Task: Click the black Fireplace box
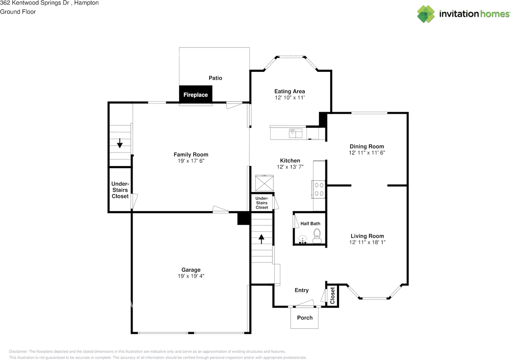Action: pos(196,95)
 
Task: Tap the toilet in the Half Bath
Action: pos(317,235)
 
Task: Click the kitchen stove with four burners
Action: pos(319,189)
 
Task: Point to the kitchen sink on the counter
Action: pos(295,133)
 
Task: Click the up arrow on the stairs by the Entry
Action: pos(261,239)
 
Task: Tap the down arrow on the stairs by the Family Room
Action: pos(119,143)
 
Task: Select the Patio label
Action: pos(215,78)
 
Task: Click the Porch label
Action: pos(305,318)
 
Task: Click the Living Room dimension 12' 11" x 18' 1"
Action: pos(367,242)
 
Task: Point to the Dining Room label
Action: pos(367,146)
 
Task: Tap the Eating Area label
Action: pos(289,91)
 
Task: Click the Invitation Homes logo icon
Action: pos(426,14)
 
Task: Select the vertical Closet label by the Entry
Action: pos(333,296)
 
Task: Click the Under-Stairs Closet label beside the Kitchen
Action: pos(262,203)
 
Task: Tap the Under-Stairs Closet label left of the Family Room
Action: pos(120,190)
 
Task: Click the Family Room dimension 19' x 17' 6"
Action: pos(191,161)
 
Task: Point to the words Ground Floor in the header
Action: pos(18,12)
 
